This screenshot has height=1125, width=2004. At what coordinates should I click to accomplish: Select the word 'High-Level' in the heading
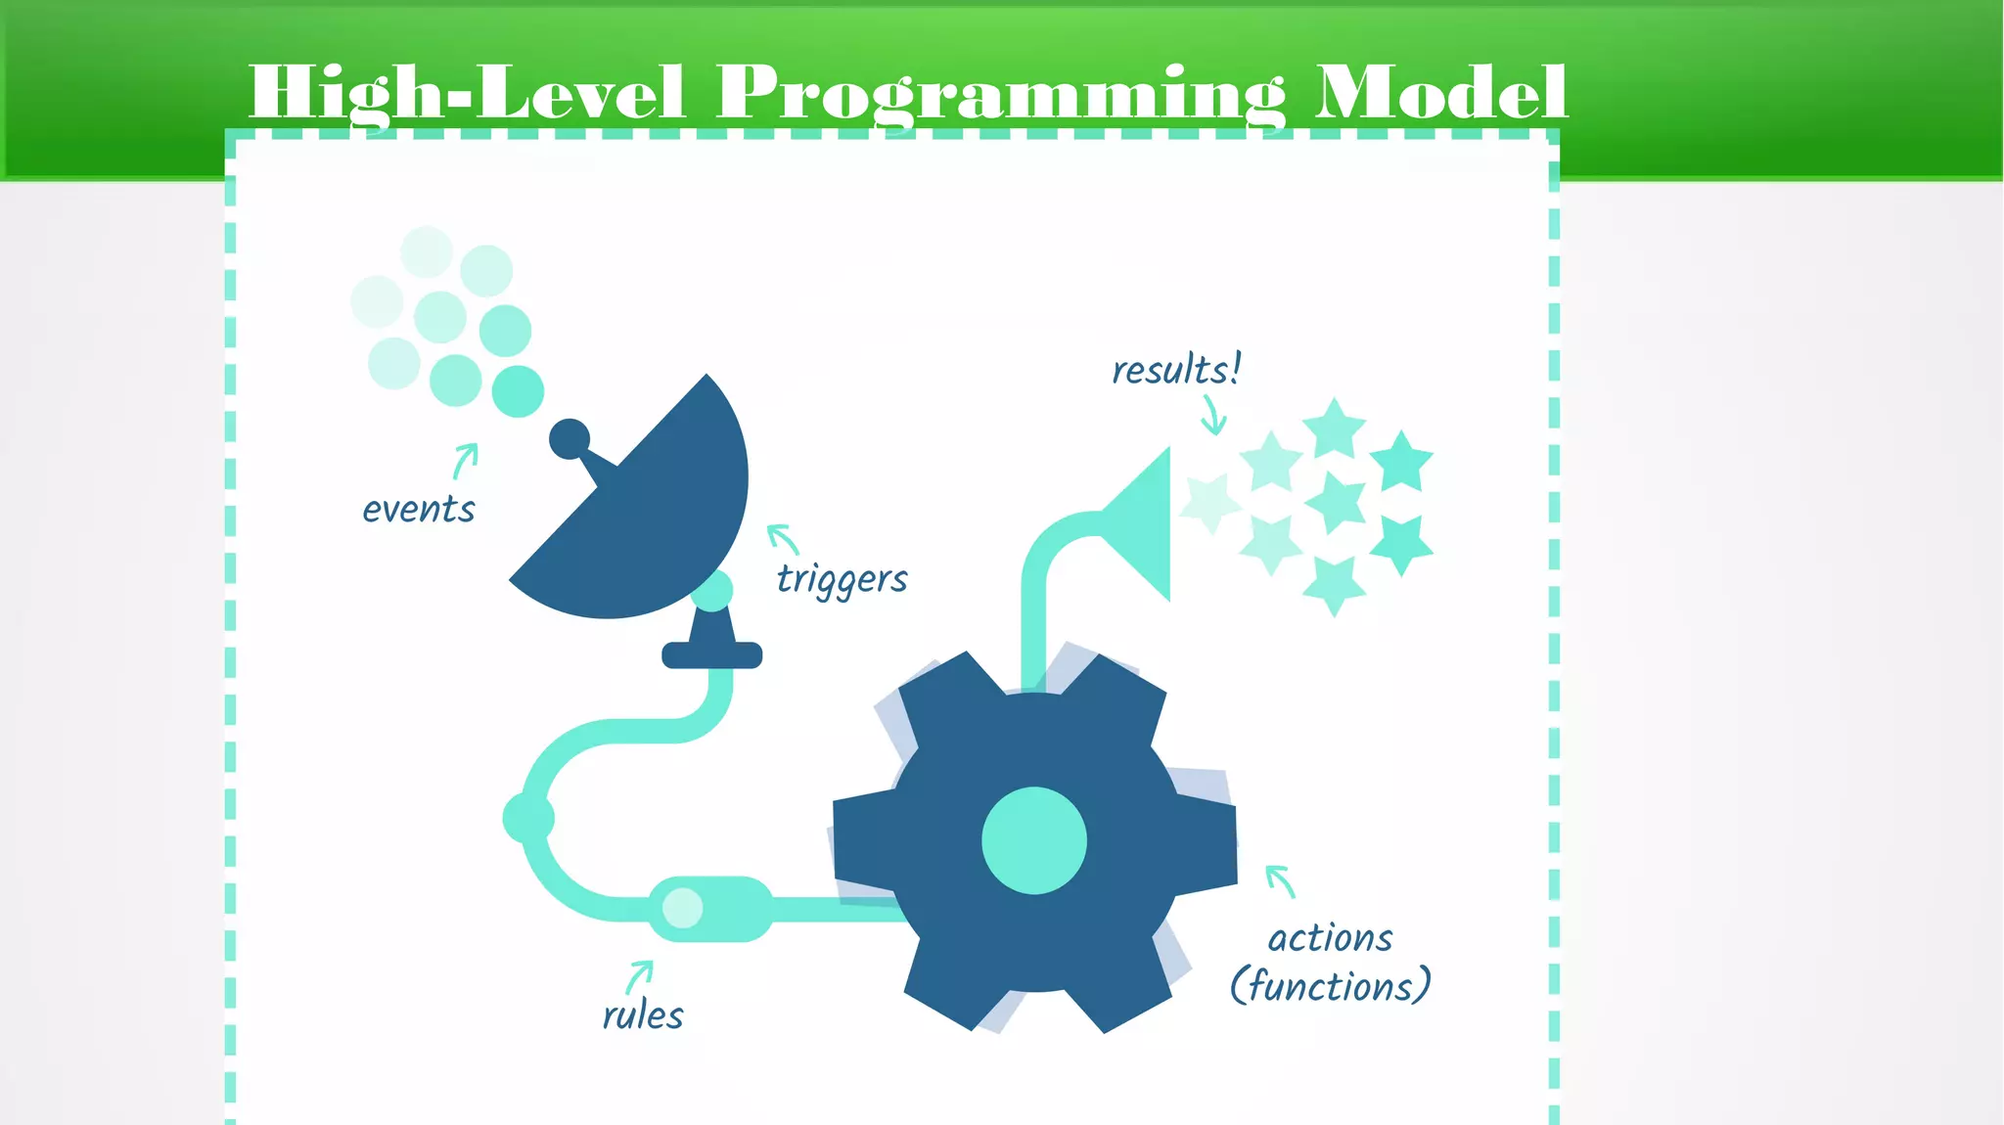point(467,93)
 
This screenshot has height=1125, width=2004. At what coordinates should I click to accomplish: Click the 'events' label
point(419,510)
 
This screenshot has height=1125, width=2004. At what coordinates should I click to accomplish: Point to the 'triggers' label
point(842,579)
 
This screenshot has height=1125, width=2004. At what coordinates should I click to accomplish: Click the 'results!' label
point(1176,370)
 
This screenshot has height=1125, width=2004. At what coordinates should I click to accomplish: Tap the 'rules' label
point(643,1015)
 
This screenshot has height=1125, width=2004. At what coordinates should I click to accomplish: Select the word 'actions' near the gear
point(1330,938)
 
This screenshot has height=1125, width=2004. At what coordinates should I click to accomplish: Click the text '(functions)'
point(1330,986)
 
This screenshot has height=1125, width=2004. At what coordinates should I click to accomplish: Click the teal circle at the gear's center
point(1034,840)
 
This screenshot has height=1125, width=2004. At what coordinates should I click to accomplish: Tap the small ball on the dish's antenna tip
point(569,439)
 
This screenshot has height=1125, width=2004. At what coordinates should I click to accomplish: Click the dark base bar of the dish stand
point(711,655)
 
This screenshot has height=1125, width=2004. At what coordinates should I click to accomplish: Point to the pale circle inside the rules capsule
point(682,908)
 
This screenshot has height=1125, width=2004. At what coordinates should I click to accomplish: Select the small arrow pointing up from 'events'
point(465,461)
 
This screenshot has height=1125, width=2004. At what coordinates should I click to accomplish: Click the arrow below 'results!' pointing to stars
point(1213,415)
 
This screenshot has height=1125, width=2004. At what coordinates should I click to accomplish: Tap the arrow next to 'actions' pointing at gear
point(1281,880)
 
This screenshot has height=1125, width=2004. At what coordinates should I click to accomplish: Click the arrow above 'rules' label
point(639,976)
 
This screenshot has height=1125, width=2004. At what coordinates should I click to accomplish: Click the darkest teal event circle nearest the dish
point(518,391)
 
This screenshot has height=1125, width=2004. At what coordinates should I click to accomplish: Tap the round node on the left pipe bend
point(528,818)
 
